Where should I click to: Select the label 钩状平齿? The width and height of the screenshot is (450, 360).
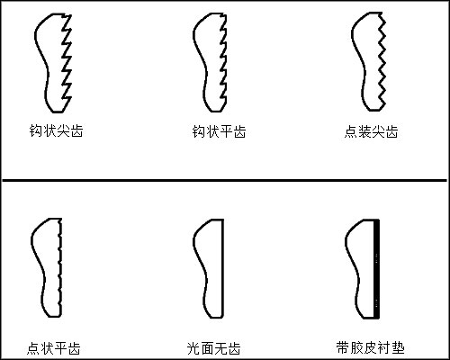pyautogui.click(x=219, y=131)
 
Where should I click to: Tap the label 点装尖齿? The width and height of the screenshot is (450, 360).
pyautogui.click(x=371, y=131)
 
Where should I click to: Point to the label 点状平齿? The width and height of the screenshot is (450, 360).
pyautogui.click(x=54, y=346)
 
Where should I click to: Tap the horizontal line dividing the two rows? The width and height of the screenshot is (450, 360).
pyautogui.click(x=225, y=180)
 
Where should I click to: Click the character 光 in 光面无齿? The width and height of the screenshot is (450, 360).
pyautogui.click(x=193, y=346)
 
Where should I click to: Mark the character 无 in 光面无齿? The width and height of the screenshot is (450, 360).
pyautogui.click(x=220, y=346)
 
